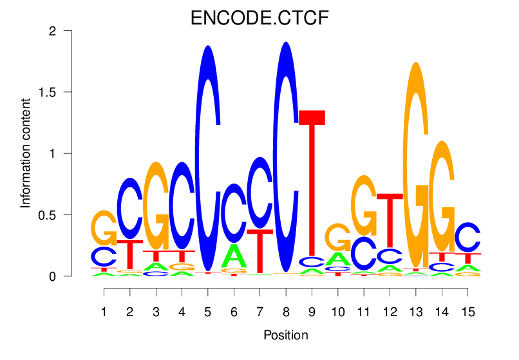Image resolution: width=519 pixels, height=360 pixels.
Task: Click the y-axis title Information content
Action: pyautogui.click(x=26, y=153)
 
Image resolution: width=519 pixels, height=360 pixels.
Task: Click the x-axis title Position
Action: pyautogui.click(x=286, y=335)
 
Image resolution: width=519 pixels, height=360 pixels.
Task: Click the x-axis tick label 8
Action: pyautogui.click(x=286, y=312)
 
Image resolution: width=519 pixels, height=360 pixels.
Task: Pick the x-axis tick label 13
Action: pyautogui.click(x=416, y=312)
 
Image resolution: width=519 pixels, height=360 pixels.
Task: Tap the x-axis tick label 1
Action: pyautogui.click(x=104, y=312)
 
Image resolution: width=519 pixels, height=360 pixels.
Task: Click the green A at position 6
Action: pyautogui.click(x=234, y=256)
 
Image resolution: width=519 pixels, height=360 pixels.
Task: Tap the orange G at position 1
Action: pyautogui.click(x=104, y=227)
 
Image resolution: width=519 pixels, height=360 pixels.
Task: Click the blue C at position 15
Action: pyautogui.click(x=467, y=237)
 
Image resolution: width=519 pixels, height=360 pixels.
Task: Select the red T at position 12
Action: pyautogui.click(x=390, y=219)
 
